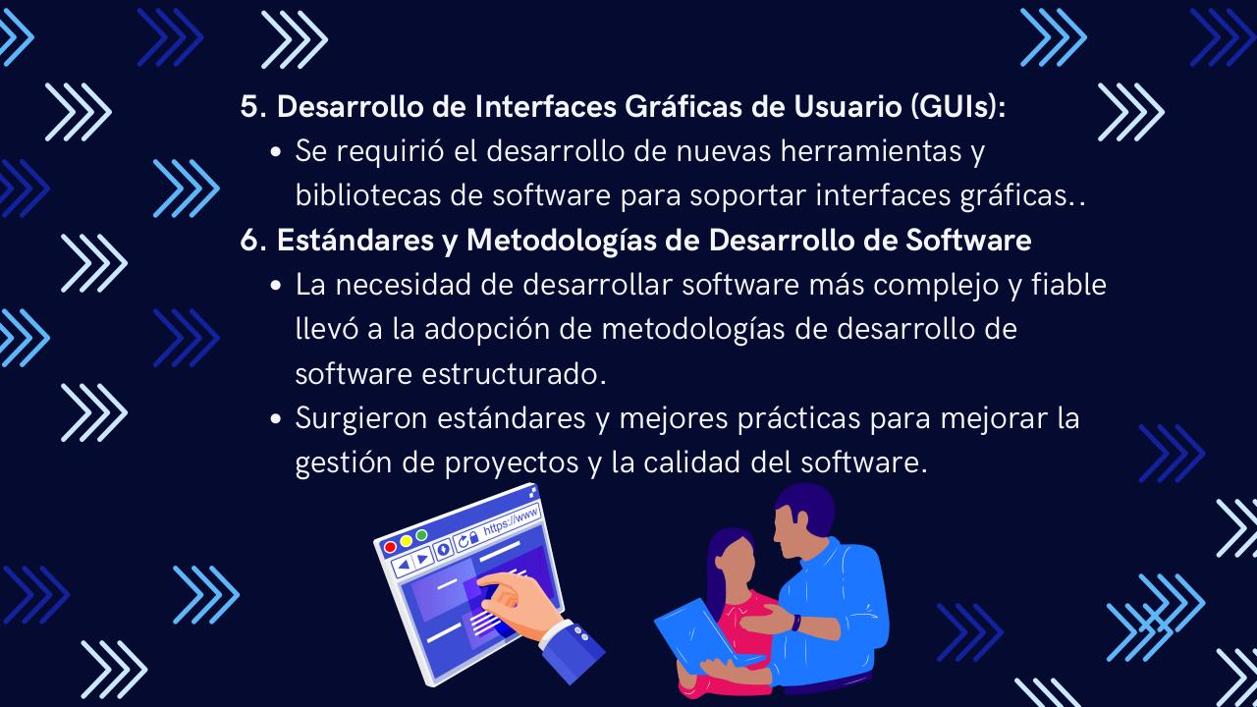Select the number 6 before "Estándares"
click(x=248, y=241)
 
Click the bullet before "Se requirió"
click(x=276, y=154)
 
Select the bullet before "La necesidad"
click(x=276, y=287)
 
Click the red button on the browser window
click(x=390, y=547)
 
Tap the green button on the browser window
click(x=421, y=535)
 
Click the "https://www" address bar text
click(x=511, y=518)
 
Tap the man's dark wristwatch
click(x=794, y=623)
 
